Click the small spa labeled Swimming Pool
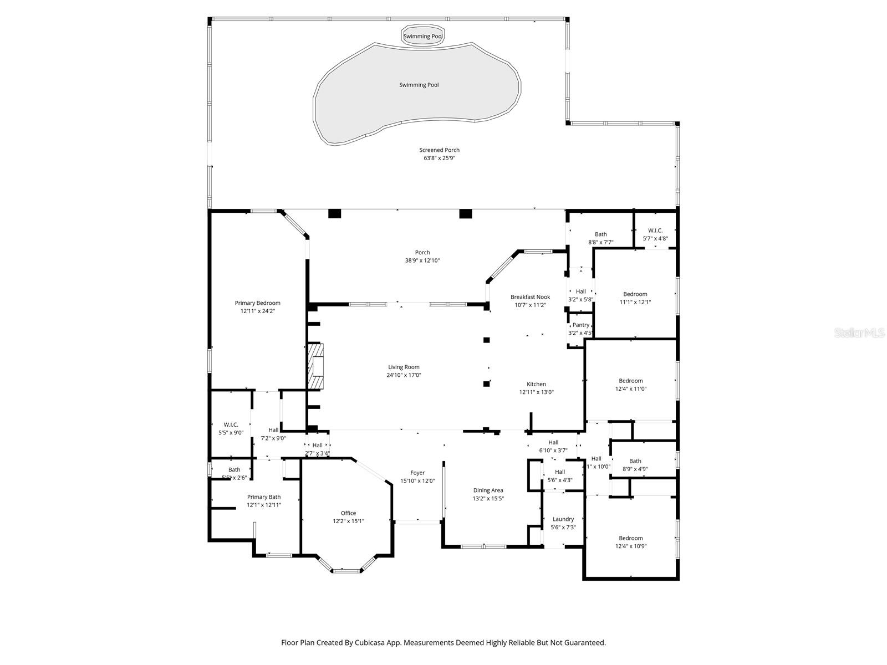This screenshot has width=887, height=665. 423,34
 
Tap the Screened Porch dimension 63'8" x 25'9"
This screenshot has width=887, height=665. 439,158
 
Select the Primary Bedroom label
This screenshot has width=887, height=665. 257,303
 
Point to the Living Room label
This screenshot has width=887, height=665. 404,367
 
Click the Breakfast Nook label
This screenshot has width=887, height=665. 530,297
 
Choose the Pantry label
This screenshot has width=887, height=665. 581,325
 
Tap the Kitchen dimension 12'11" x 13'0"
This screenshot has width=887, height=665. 536,392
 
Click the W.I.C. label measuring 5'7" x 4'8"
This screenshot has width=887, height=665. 655,231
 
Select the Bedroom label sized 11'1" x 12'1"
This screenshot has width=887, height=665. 635,294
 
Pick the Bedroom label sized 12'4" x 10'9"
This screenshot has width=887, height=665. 631,538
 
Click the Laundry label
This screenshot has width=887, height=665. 563,519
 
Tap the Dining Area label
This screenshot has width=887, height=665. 488,490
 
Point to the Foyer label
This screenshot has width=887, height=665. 417,473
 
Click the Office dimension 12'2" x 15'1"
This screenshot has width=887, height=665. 348,521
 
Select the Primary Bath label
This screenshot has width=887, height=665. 264,497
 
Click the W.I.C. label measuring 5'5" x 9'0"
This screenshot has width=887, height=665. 231,424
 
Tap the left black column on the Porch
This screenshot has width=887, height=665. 334,213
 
